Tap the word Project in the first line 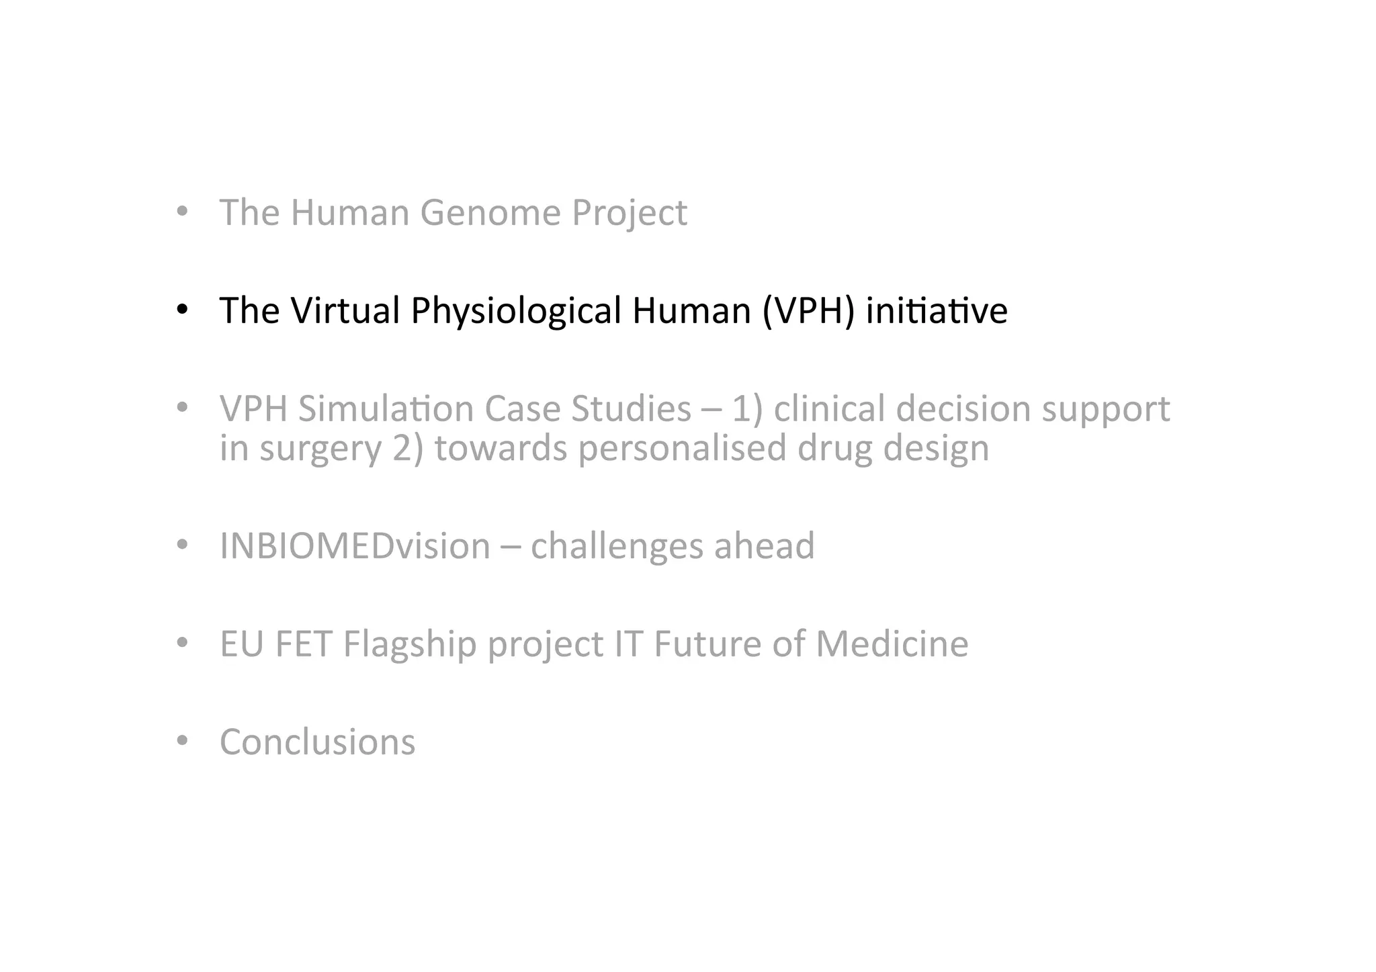[x=629, y=213]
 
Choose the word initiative [x=937, y=310]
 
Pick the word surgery [x=320, y=449]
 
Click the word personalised [x=682, y=448]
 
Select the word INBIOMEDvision [x=355, y=545]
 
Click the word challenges [x=616, y=545]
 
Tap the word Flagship [x=409, y=644]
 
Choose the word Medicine [x=892, y=644]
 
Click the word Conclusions [x=317, y=742]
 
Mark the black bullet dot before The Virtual [x=181, y=310]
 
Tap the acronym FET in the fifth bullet [x=304, y=644]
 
